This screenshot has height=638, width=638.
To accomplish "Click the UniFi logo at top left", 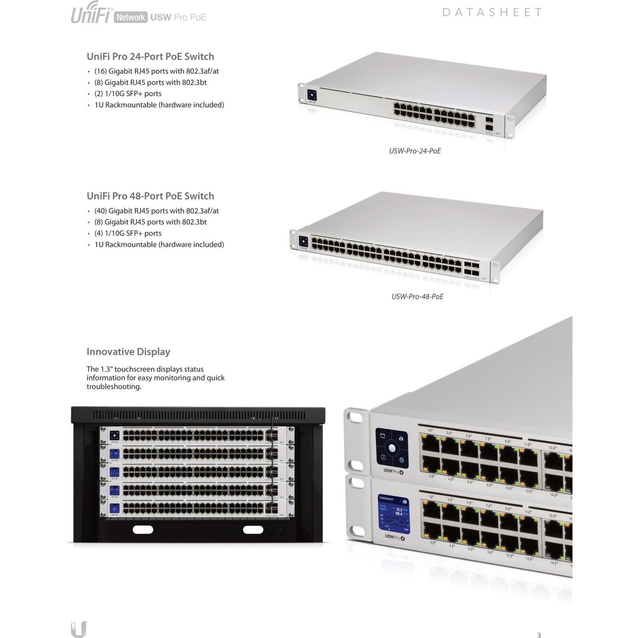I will [91, 13].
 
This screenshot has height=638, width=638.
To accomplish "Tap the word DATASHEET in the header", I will [492, 12].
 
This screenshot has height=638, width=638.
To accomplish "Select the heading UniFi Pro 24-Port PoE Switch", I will [150, 57].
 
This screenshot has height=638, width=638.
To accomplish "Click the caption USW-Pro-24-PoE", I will [415, 151].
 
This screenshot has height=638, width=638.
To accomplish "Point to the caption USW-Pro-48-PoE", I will [417, 297].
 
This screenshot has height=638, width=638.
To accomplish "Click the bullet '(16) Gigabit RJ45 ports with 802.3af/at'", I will [156, 71].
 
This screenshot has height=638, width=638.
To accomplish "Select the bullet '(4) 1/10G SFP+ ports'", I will [128, 233].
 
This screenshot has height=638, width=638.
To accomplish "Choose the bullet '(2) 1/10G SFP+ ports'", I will [128, 94].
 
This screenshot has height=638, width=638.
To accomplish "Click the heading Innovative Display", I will [128, 352].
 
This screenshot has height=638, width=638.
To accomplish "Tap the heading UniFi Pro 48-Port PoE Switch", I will [150, 196].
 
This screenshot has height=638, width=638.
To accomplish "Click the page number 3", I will [539, 635].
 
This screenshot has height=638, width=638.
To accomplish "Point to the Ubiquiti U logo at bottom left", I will [79, 629].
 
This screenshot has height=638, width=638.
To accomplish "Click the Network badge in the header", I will [131, 17].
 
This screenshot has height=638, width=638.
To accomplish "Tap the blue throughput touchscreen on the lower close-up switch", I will [393, 514].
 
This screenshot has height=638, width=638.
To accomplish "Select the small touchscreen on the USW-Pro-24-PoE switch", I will [312, 95].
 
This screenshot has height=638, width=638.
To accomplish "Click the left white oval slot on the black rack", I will [143, 529].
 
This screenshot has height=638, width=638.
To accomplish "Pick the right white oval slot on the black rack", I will [253, 529].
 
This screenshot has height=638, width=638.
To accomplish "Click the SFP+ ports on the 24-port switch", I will [489, 123].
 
